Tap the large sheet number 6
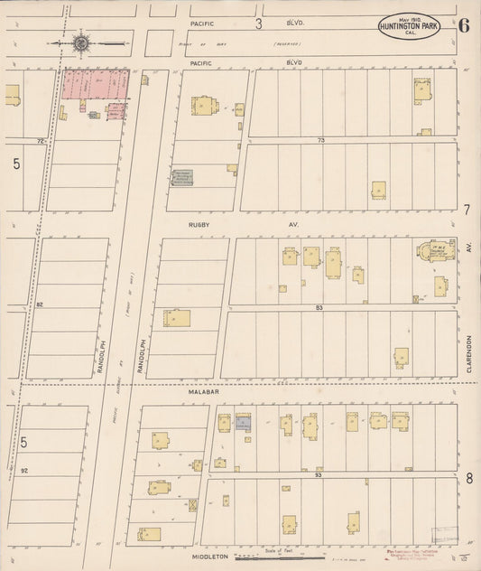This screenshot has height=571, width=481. (463, 24)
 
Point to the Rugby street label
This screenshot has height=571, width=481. (199, 222)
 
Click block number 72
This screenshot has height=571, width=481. (40, 141)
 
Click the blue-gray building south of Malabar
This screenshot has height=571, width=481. (243, 423)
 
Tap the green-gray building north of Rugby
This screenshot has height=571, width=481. (183, 177)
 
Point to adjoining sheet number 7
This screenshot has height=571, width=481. (467, 209)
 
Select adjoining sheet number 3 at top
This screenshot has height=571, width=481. (258, 23)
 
